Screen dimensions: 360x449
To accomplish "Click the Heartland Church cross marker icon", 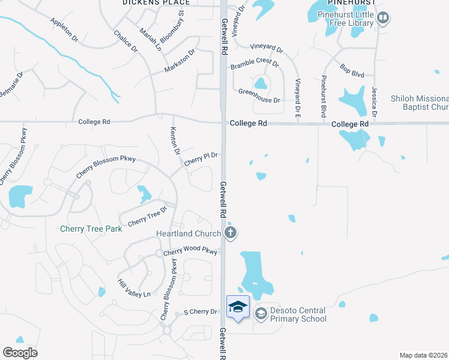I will point(231,233).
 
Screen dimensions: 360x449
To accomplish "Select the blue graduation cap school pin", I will point(238,307).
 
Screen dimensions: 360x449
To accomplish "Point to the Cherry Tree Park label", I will point(91,229).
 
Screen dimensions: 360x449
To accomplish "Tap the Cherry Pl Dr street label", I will point(200,158).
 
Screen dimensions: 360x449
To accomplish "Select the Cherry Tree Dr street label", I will point(147,215).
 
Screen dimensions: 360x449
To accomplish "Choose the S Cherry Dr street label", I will point(200,312).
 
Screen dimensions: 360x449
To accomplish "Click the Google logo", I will point(20,353).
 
